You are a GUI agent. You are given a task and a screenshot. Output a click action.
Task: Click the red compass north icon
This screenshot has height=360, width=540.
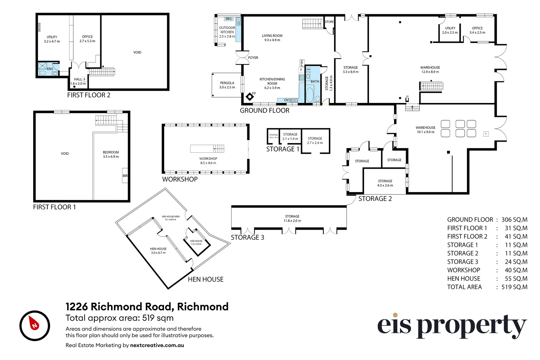(x=34, y=325)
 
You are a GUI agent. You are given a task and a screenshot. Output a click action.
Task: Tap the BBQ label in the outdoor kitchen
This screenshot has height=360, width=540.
(x=229, y=19)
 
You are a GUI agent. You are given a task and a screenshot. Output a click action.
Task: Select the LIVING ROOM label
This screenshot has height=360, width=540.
(x=272, y=36)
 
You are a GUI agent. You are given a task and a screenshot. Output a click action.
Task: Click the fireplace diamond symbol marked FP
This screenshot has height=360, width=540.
(x=250, y=97)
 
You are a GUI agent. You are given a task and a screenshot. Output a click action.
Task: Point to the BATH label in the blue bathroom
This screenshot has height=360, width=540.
(x=315, y=81)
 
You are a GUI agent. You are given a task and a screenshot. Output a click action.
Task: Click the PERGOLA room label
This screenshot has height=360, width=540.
(x=227, y=83)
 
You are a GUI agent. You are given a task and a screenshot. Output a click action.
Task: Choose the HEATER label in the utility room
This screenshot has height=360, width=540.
(x=39, y=27)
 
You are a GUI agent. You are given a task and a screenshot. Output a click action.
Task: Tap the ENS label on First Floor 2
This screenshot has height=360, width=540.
(x=50, y=69)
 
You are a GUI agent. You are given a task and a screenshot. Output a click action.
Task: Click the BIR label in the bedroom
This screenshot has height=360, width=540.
(x=125, y=176)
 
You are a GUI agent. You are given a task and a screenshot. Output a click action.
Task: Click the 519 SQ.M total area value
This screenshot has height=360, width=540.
(x=514, y=287)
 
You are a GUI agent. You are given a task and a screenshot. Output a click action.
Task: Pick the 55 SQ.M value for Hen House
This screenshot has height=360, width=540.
(x=516, y=279)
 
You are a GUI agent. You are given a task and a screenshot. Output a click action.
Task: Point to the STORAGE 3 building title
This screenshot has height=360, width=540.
(x=247, y=237)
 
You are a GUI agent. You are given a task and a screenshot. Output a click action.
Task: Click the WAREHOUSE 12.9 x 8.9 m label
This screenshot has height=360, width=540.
(x=430, y=70)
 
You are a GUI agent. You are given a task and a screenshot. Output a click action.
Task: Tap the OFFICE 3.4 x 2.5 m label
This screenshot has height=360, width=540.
(x=477, y=30)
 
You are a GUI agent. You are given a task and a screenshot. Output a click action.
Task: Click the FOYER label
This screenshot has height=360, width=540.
(x=253, y=58)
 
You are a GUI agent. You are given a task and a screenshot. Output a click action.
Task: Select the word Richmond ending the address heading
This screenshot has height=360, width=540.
(x=203, y=307)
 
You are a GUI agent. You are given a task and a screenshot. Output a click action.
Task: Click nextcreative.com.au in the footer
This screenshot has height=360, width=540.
(x=157, y=345)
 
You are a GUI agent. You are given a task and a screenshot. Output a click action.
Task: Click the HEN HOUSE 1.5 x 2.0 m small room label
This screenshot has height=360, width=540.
(x=196, y=242)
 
